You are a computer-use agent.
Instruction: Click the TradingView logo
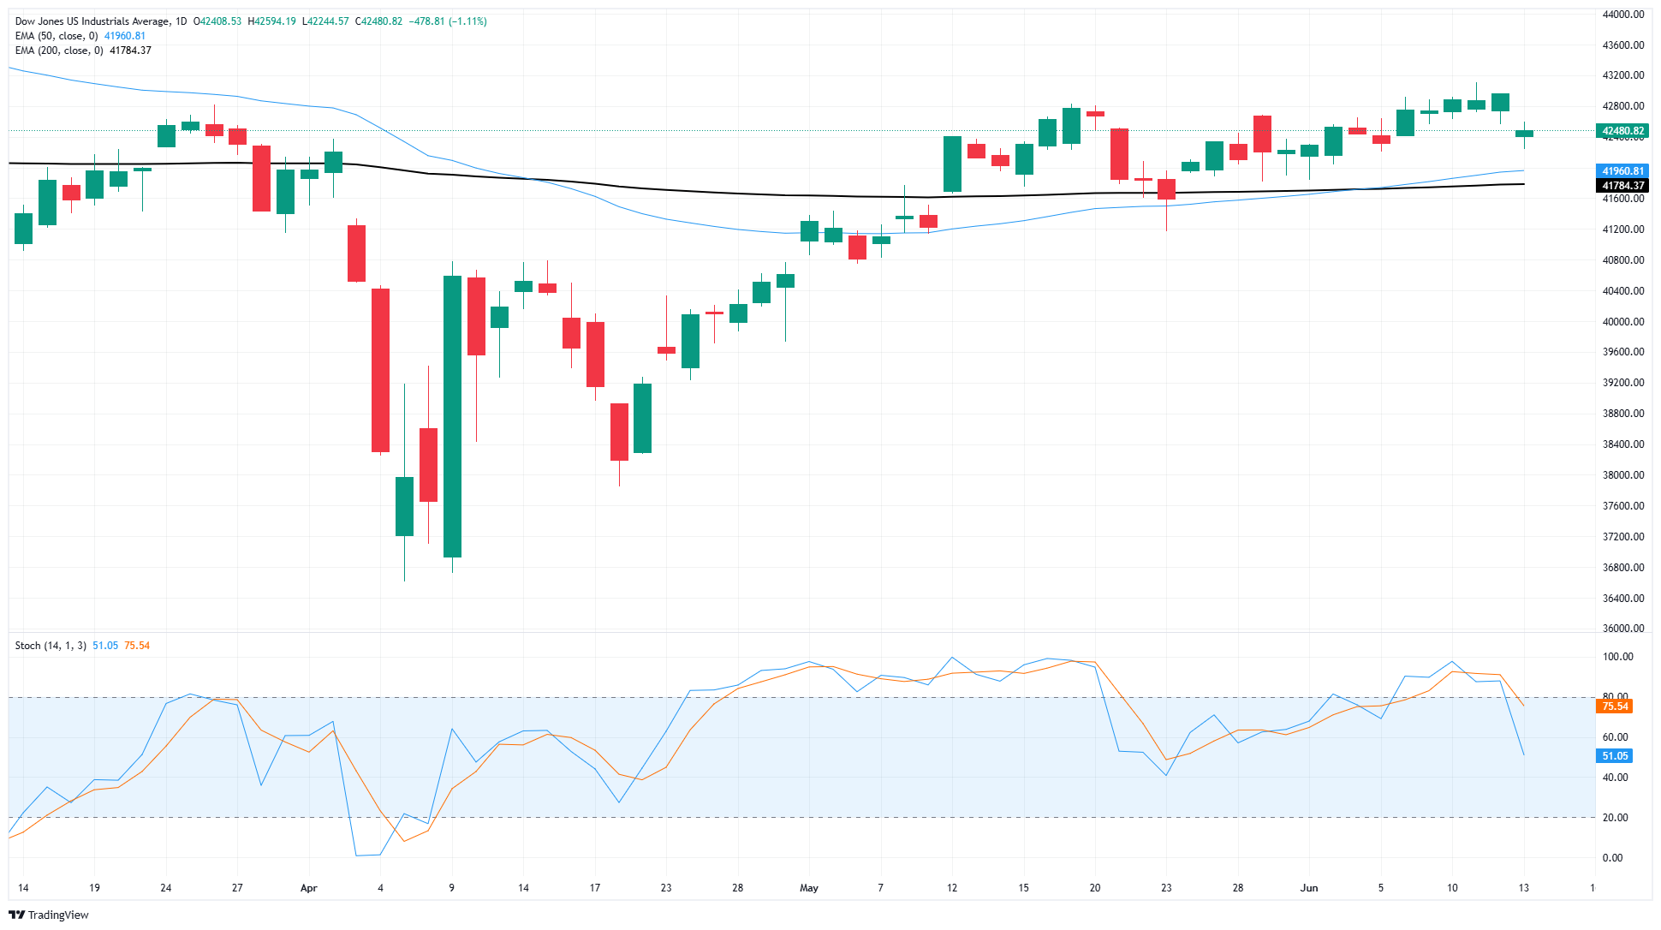click(x=49, y=915)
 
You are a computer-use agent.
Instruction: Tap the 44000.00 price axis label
click(x=1622, y=15)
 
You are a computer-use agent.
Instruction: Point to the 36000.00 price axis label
click(x=1622, y=629)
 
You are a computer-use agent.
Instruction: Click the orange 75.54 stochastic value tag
click(x=1615, y=706)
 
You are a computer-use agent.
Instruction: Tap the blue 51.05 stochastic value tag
click(x=1615, y=756)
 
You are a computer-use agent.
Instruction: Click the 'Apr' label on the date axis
click(x=309, y=888)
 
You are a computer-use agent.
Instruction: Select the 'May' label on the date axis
click(x=809, y=888)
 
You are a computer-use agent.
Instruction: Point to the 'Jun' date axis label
click(x=1309, y=888)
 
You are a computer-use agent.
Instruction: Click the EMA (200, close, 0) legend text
click(x=58, y=51)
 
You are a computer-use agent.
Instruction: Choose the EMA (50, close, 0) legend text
click(x=56, y=36)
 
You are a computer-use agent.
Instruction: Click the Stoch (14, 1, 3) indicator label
click(x=51, y=646)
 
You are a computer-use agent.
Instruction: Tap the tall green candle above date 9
click(x=452, y=416)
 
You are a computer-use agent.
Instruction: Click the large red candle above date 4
click(x=380, y=370)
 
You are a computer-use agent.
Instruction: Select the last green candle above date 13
click(x=1524, y=134)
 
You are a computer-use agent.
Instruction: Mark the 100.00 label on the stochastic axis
click(x=1617, y=657)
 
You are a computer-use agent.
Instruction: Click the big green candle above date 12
click(x=952, y=164)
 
